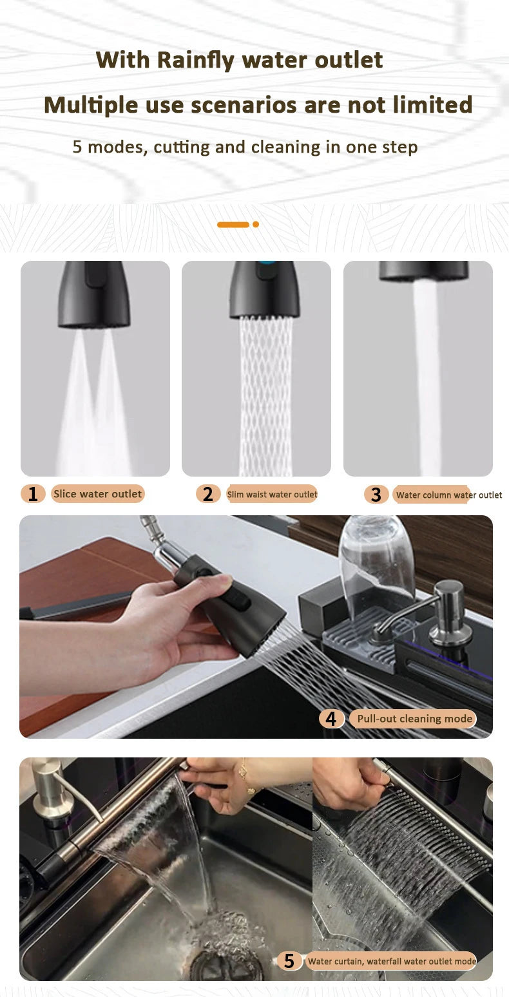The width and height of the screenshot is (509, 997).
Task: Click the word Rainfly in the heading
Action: tap(196, 61)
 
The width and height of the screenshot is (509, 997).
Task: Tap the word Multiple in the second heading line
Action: tap(91, 105)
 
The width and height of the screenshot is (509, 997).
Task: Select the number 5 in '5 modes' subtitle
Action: tap(77, 147)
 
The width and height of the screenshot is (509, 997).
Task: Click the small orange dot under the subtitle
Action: tap(256, 225)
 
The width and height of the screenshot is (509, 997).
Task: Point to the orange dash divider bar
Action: tap(233, 225)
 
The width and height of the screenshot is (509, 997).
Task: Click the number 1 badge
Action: tap(33, 494)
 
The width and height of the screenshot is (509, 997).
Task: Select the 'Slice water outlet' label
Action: tap(97, 494)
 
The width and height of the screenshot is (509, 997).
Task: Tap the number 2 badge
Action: tap(207, 494)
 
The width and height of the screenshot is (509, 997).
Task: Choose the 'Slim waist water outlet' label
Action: tap(272, 495)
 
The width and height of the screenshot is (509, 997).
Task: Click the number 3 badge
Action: tap(376, 495)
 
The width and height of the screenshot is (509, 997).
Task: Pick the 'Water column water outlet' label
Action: tap(448, 495)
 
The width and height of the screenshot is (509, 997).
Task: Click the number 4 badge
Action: tap(331, 719)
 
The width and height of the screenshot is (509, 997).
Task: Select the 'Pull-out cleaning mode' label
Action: tap(414, 719)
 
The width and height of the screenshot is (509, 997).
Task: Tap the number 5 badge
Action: tap(289, 962)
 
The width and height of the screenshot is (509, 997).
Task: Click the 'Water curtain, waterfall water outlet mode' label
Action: tap(392, 962)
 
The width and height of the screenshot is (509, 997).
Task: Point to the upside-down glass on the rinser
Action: tap(376, 560)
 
